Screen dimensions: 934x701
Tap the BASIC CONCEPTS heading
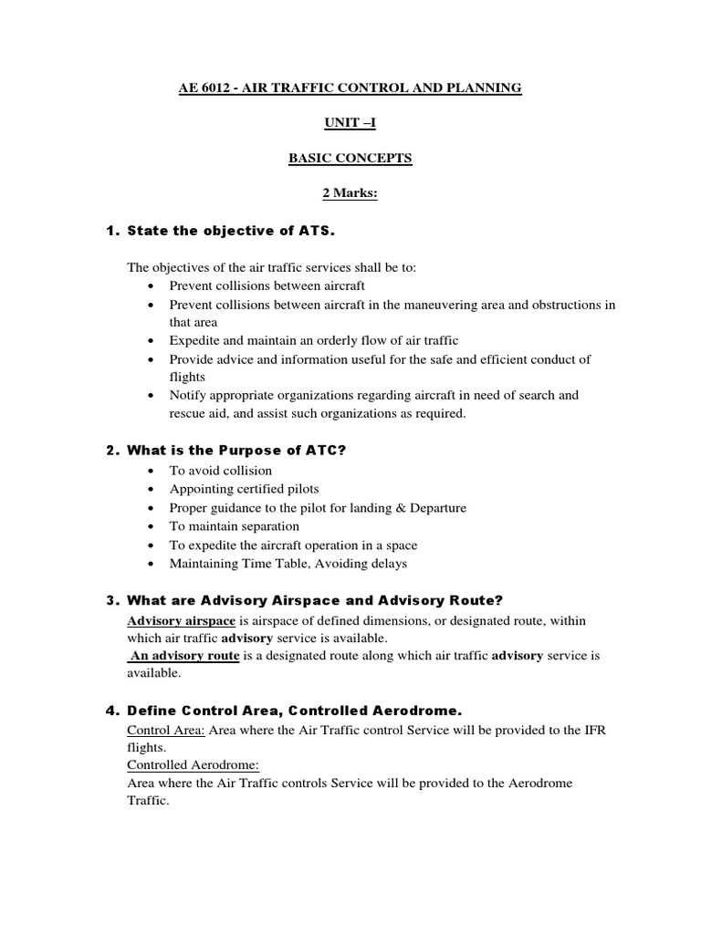(x=350, y=159)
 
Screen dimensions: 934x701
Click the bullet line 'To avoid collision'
(x=221, y=471)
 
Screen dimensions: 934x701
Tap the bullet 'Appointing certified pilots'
(x=244, y=490)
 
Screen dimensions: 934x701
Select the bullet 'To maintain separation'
(x=234, y=526)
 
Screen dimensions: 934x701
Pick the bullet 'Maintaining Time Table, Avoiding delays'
(x=288, y=564)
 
